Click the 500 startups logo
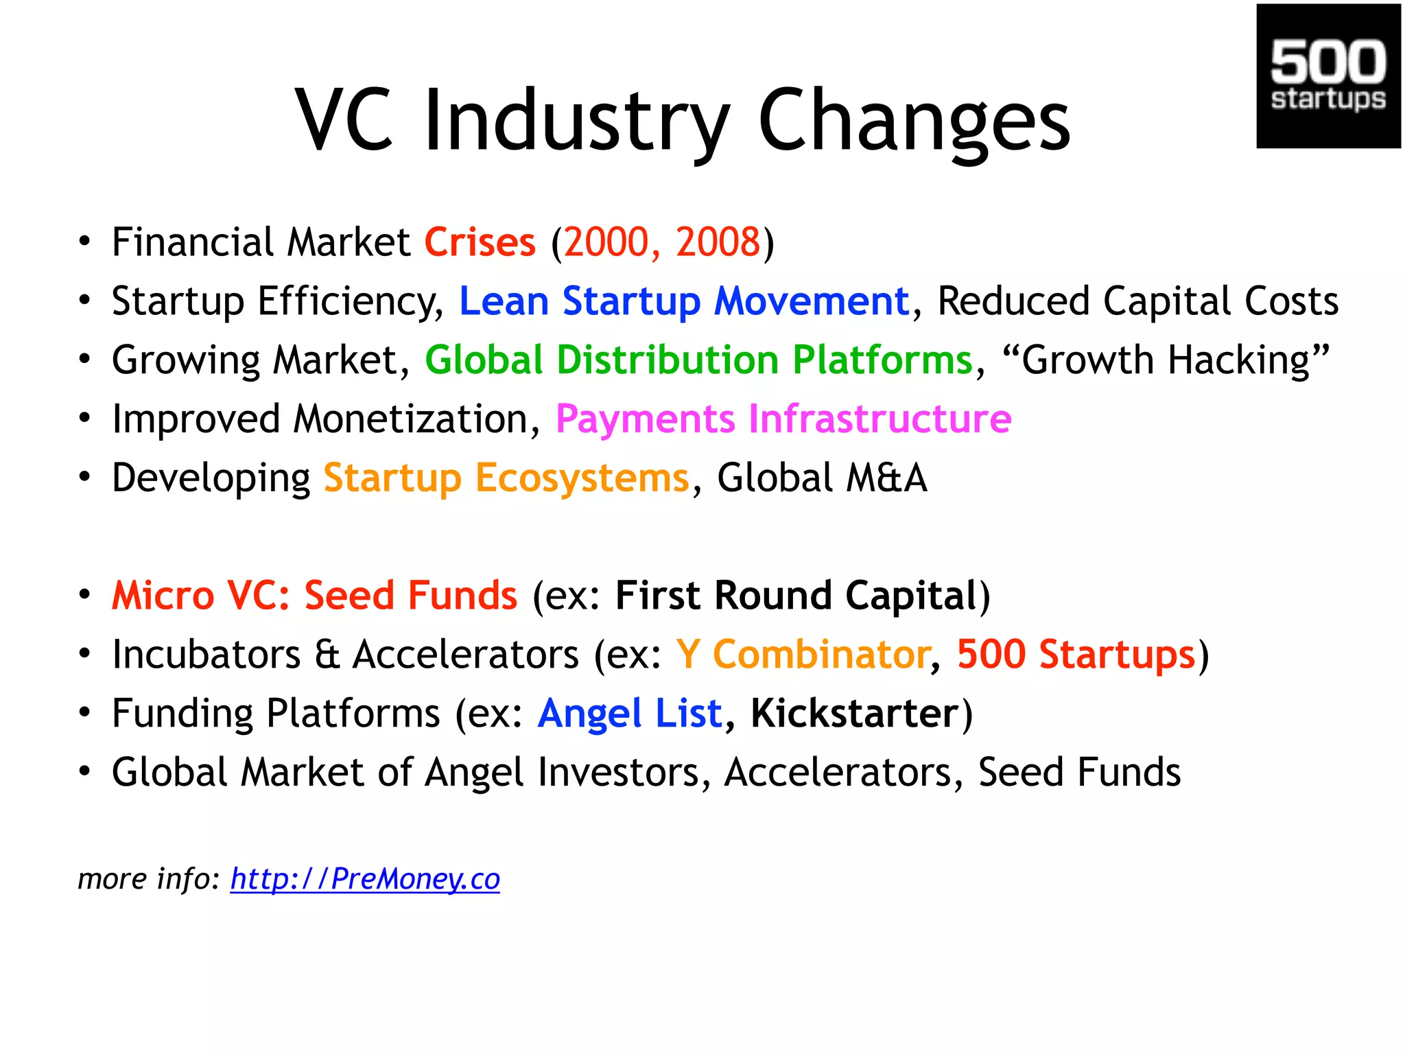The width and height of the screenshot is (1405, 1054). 1327,76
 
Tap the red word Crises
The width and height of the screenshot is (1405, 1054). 480,242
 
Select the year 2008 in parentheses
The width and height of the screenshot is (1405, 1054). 718,242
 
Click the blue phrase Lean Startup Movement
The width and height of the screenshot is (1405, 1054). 683,301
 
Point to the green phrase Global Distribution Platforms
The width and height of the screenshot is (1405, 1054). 698,360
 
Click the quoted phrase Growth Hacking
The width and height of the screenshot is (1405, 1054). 1166,360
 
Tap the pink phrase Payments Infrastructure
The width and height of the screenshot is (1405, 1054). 783,419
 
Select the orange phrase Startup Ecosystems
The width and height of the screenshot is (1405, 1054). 506,478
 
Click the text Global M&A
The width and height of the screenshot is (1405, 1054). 821,478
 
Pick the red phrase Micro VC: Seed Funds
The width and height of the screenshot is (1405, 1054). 314,596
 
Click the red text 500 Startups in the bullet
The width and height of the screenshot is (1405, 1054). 1076,655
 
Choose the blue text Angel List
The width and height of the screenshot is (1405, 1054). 630,714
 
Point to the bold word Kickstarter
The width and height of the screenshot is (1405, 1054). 854,714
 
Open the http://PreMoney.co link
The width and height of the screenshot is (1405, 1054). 365,879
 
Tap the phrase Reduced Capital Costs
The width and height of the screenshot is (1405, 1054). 1137,301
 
